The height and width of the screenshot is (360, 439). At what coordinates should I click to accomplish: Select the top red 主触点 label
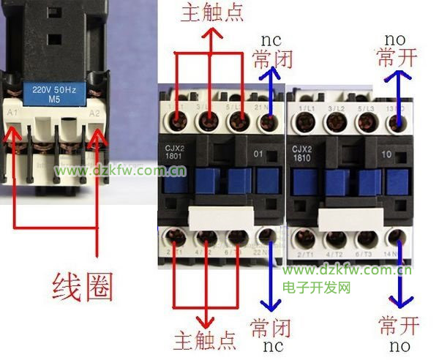(x=211, y=12)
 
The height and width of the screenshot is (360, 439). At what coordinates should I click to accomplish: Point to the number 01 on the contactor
(x=258, y=155)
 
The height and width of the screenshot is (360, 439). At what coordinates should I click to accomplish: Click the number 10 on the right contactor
(x=386, y=155)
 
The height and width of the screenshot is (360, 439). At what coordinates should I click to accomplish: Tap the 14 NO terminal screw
(x=396, y=237)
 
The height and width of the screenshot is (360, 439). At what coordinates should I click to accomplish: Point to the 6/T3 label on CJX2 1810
(x=363, y=253)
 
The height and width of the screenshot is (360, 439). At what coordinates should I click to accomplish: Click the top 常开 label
(x=398, y=57)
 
